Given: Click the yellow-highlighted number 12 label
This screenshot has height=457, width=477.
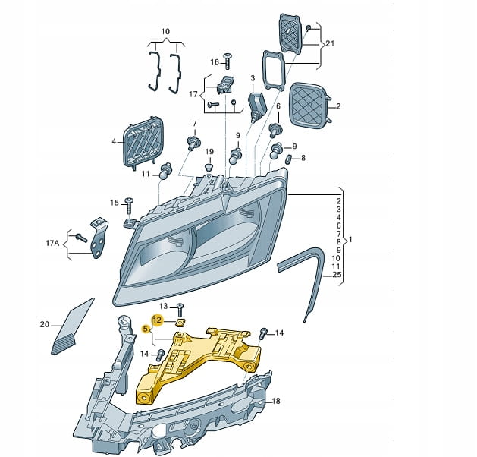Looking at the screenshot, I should click(x=158, y=319).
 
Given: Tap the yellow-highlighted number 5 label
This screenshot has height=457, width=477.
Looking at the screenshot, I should click(x=146, y=328).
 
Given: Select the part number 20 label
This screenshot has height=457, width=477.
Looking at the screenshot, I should click(x=44, y=325).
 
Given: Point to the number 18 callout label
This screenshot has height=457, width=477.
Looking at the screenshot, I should click(x=276, y=401).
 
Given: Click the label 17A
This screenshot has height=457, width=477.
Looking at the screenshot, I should click(x=52, y=243).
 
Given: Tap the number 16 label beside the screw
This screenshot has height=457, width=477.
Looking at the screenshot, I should click(x=214, y=61).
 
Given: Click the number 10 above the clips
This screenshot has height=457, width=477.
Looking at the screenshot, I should click(x=165, y=31).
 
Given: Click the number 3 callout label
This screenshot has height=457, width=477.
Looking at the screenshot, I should click(x=253, y=78).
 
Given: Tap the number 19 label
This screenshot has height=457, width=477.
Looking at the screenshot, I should click(x=209, y=151).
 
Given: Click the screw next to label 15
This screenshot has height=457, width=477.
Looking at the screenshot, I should click(x=130, y=203).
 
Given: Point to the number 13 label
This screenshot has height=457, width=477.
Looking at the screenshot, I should click(x=163, y=305).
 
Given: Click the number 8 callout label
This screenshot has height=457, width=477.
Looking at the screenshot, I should click(x=303, y=158).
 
